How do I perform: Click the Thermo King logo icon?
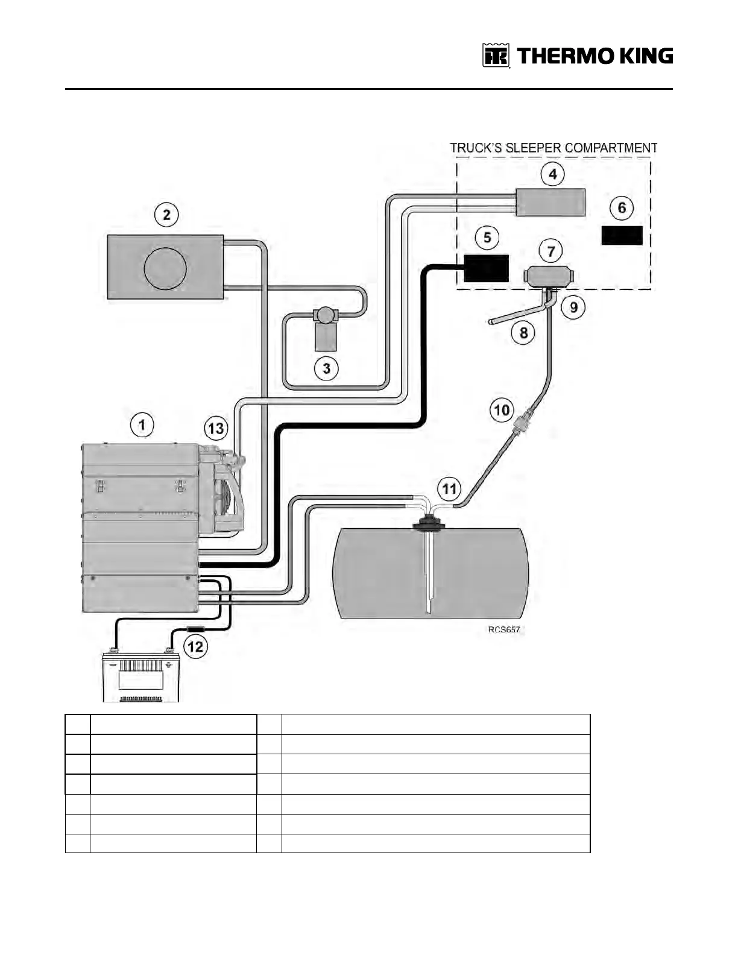coord(496,56)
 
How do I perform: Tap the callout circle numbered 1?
coord(142,425)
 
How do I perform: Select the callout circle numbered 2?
coord(167,215)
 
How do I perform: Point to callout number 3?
coord(326,368)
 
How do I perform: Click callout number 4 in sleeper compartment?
coord(552,174)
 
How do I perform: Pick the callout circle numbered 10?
coord(502,411)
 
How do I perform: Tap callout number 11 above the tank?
coord(450,488)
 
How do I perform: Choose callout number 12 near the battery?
coord(196,647)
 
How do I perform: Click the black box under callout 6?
coord(622,235)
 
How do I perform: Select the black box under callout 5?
coord(486,268)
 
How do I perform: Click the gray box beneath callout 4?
coord(551,202)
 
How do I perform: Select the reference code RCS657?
coord(503,629)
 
